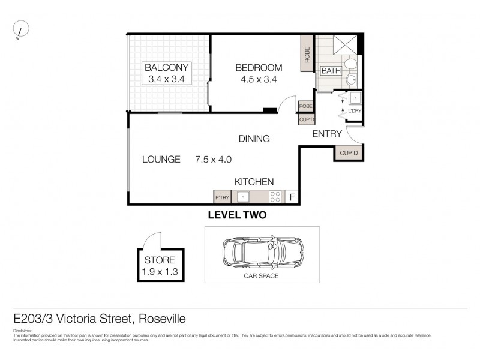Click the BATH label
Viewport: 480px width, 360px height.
pyautogui.click(x=331, y=71)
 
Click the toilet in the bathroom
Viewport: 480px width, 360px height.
pyautogui.click(x=351, y=64)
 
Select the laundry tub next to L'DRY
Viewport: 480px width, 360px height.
pyautogui.click(x=355, y=98)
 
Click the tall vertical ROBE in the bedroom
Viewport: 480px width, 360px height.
pyautogui.click(x=307, y=56)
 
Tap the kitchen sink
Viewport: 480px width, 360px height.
pyautogui.click(x=244, y=197)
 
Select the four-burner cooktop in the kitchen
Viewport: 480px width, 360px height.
pyautogui.click(x=275, y=197)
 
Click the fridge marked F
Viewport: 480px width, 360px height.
pyautogui.click(x=292, y=197)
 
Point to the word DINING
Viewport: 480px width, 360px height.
pyautogui.click(x=254, y=139)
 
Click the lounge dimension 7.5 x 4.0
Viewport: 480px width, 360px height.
pyautogui.click(x=213, y=160)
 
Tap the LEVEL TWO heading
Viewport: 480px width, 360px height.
pyautogui.click(x=236, y=214)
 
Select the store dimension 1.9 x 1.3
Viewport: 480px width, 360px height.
pyautogui.click(x=160, y=272)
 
